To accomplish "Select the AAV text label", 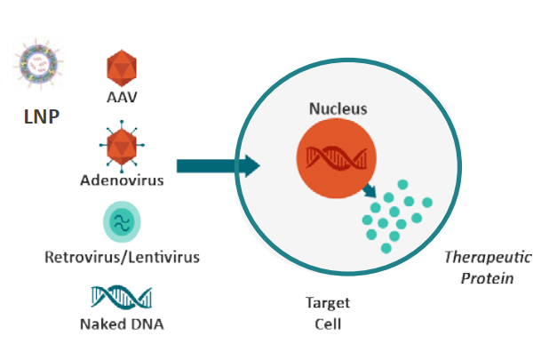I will click(122, 96).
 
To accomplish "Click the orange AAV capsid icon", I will click(121, 67).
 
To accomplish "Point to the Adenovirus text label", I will click(122, 181).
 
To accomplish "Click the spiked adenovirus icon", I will click(122, 147).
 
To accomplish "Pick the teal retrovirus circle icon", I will click(122, 222).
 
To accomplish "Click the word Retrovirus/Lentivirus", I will click(122, 258).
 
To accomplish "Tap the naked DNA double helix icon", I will click(122, 297).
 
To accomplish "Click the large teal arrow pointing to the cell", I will click(218, 165).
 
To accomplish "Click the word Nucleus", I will click(338, 109).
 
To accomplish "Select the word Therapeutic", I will click(487, 258).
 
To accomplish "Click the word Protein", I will click(487, 278).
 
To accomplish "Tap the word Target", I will click(328, 304).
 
